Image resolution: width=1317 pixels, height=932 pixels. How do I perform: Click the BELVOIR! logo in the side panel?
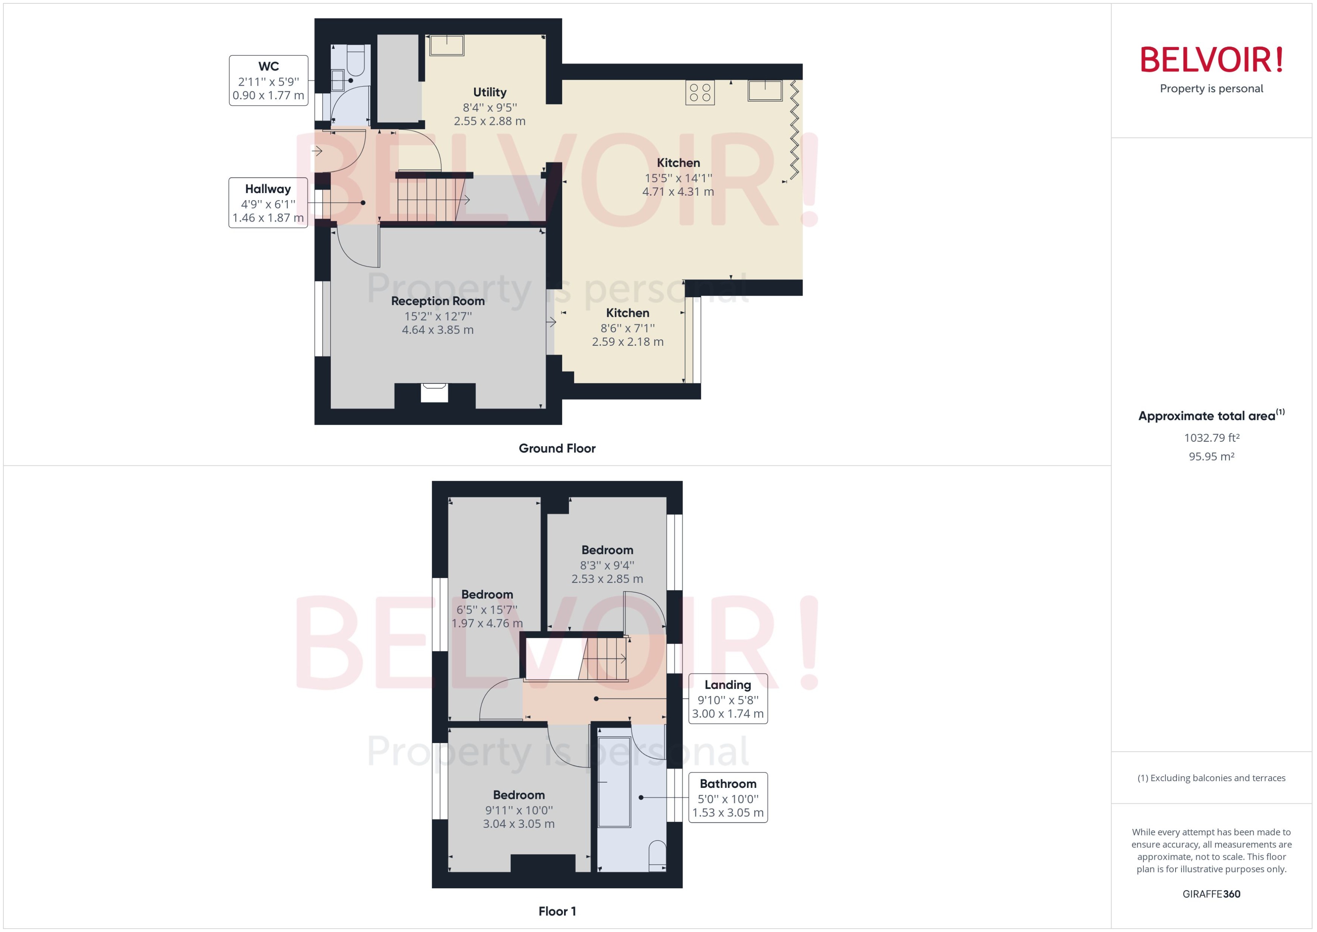[1211, 60]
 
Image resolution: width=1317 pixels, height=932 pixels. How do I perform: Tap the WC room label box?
[269, 81]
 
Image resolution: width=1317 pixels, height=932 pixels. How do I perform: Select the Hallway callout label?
[268, 202]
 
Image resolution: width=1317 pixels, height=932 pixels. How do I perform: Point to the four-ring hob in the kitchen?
[700, 93]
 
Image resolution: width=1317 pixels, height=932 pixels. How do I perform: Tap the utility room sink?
[446, 45]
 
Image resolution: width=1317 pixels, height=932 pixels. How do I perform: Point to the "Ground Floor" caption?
[557, 448]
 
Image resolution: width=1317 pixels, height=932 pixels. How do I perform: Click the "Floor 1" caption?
[557, 911]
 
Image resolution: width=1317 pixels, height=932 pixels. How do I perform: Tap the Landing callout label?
[728, 698]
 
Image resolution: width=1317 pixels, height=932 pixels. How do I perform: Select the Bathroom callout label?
[728, 797]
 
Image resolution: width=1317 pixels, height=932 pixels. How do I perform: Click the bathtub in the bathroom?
[614, 781]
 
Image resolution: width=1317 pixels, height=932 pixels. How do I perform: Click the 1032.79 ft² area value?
[1211, 438]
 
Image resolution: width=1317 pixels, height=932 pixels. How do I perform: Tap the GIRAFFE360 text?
[1211, 894]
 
